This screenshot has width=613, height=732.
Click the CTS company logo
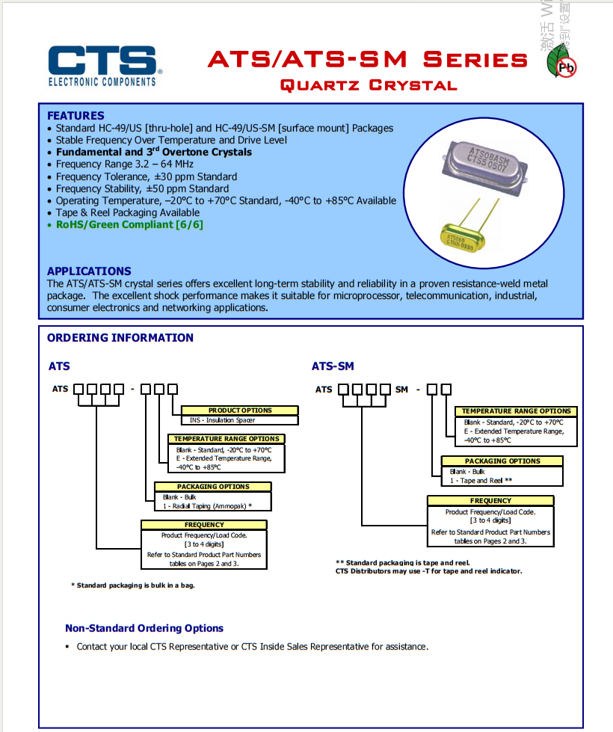coord(102,65)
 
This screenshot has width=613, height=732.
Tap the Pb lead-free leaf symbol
coord(562,64)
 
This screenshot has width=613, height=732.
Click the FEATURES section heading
coord(76,116)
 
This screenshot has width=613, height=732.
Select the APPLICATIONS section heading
coord(89,271)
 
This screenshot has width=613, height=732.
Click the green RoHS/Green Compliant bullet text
coord(129,224)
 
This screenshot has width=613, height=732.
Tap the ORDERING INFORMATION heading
coord(120,338)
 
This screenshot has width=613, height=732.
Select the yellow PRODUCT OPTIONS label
coord(240,410)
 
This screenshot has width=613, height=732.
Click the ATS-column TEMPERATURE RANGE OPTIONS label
coord(227,439)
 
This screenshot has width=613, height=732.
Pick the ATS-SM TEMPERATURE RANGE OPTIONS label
coord(516,411)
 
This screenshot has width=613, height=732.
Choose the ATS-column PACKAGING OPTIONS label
coord(213,487)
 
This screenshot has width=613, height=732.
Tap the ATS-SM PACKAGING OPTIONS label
coord(502,461)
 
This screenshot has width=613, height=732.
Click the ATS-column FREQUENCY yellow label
coord(204,525)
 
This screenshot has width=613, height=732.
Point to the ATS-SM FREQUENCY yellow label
coord(490,501)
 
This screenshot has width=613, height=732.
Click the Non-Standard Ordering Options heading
coord(144,629)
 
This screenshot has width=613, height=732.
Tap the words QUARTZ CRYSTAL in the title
coord(368,85)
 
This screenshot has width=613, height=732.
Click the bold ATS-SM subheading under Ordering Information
coord(333,366)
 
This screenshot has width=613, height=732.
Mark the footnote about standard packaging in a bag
coord(133,585)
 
